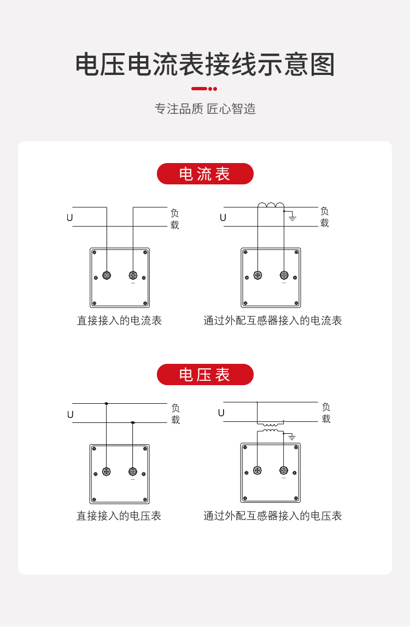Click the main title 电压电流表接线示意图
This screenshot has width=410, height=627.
[205, 65]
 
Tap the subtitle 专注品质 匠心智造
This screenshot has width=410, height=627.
[205, 109]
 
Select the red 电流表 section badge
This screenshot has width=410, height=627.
[205, 174]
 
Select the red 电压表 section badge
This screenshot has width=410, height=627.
[205, 375]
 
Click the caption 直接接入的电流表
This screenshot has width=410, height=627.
[119, 321]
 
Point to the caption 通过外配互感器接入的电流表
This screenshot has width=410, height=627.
[272, 321]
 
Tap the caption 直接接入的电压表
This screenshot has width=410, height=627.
[119, 516]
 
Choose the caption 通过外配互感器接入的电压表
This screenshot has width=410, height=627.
[272, 516]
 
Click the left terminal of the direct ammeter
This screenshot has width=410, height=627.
[107, 275]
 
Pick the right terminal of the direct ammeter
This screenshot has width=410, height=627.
[133, 275]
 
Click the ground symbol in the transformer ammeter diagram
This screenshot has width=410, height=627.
[292, 218]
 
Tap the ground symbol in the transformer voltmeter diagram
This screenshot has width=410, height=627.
[291, 437]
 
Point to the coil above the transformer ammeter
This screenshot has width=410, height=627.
[271, 205]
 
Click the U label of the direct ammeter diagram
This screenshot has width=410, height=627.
[70, 218]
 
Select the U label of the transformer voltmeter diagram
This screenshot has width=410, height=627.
[221, 413]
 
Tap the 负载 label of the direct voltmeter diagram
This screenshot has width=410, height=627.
[175, 414]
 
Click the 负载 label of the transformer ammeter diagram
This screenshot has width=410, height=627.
[325, 217]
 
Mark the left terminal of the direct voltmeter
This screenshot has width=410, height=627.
[106, 472]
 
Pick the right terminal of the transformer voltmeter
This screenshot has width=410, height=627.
[284, 471]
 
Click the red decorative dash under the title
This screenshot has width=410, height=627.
[204, 89]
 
